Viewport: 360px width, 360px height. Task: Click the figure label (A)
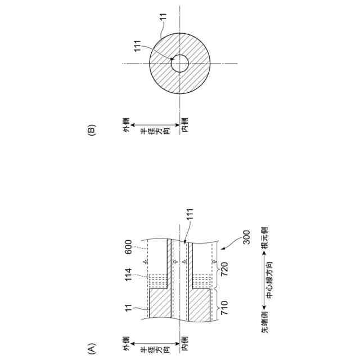(91, 349)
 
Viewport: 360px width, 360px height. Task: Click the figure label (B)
(91, 130)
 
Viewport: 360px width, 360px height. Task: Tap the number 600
(128, 247)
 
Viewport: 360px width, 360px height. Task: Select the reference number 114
(128, 274)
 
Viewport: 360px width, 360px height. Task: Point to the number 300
(246, 237)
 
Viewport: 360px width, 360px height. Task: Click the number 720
(224, 269)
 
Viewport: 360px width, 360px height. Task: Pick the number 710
(224, 308)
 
